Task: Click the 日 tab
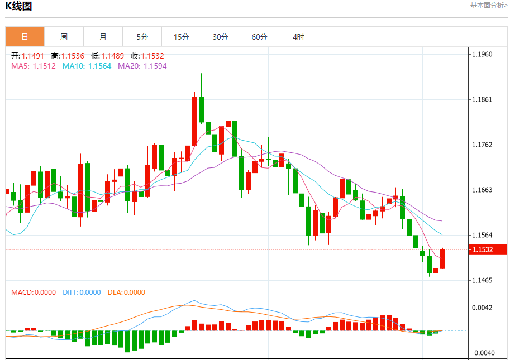25,37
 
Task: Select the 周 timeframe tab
64,37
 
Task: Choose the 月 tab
103,37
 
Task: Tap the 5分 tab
142,37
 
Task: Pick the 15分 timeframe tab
181,37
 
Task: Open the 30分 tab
220,37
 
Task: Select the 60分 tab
259,37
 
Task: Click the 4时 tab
298,37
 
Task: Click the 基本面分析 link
488,6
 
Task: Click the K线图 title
18,7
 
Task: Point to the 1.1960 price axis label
482,54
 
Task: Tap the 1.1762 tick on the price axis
482,145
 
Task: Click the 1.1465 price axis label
482,280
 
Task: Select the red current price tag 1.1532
487,249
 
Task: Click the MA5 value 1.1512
44,66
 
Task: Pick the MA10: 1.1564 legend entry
87,66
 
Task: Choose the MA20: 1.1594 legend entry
142,66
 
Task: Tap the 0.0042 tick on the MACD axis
482,308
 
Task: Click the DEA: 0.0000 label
126,292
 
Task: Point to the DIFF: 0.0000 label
82,292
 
